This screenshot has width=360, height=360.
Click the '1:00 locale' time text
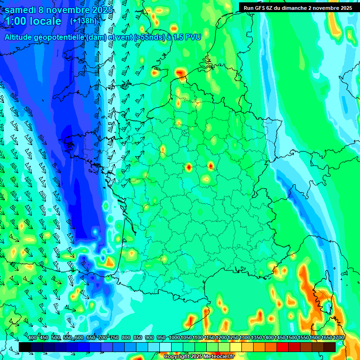pyautogui.click(x=33, y=22)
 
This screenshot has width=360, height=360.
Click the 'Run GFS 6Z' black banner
pyautogui.click(x=299, y=7)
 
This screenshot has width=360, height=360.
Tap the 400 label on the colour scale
pyautogui.click(x=32, y=338)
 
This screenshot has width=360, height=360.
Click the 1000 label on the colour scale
pyautogui.click(x=174, y=338)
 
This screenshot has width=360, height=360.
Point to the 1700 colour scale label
pyautogui.click(x=338, y=338)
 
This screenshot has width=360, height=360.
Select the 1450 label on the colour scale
pyautogui.click(x=280, y=338)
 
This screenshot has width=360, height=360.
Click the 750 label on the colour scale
pyautogui.click(x=114, y=338)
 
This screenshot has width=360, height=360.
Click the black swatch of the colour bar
pyautogui.click(x=25, y=347)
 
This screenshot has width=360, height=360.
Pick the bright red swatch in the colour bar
pyautogui.click(x=283, y=347)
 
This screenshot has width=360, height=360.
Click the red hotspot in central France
pyautogui.click(x=188, y=166)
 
